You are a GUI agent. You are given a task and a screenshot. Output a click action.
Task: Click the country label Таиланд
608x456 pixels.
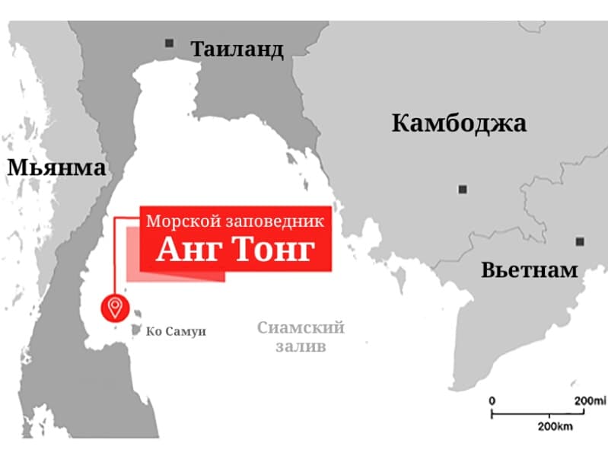(x=237, y=50)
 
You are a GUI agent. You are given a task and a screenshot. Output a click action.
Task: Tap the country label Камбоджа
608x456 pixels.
(x=459, y=123)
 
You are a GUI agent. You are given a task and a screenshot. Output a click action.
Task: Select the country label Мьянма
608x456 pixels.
(x=56, y=167)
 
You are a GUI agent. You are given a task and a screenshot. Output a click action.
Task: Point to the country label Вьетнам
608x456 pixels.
(x=530, y=269)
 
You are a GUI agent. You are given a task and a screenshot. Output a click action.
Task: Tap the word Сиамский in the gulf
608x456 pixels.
(x=301, y=328)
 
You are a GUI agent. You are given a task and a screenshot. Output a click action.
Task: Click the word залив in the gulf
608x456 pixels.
(x=301, y=346)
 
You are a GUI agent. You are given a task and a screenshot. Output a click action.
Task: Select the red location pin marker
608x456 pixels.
(x=116, y=308)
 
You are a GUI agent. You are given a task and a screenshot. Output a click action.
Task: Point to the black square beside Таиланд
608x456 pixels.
(x=170, y=43)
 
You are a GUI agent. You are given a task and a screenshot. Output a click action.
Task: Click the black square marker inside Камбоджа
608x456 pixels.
(x=462, y=189)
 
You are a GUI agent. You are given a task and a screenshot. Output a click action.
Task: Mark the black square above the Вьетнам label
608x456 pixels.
(x=580, y=241)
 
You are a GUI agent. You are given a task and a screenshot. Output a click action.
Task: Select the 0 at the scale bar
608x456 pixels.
(x=492, y=400)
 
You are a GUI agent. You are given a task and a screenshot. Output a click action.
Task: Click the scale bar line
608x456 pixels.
(x=538, y=413)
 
